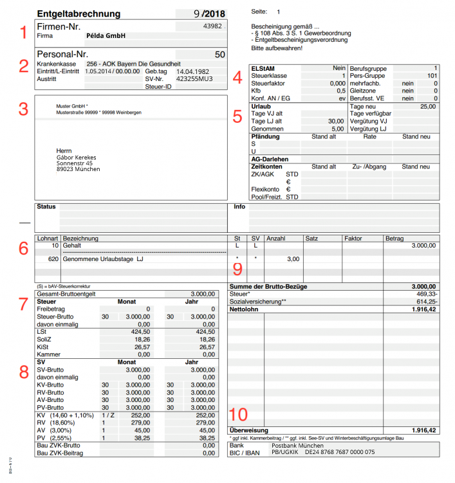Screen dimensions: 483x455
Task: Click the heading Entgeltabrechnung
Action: coord(79,14)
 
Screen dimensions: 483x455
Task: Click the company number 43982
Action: coord(212,26)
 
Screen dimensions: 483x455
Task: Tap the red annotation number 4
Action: coord(237,78)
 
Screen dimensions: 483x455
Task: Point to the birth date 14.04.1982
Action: coord(193,71)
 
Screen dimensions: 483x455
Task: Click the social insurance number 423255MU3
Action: coord(194,78)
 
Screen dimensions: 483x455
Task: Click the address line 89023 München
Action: coord(79,169)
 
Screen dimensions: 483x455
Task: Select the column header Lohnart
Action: coord(48,238)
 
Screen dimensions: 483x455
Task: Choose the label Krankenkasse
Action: coord(57,64)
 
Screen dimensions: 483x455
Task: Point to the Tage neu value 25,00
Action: coord(427,106)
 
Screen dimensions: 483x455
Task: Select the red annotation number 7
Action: coord(23,304)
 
